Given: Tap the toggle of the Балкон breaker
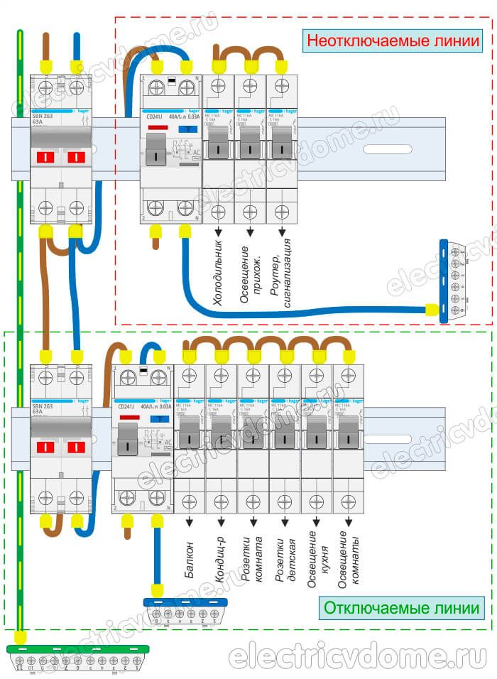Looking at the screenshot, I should [x=189, y=431].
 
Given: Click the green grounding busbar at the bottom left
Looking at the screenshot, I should [x=77, y=649].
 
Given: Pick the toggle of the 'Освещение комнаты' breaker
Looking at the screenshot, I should [x=349, y=431].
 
